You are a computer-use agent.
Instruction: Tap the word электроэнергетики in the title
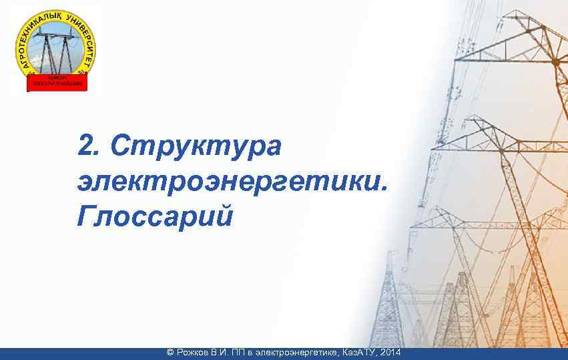click(x=227, y=181)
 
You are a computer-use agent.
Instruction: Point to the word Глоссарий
click(x=155, y=216)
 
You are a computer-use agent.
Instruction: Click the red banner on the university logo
click(x=56, y=82)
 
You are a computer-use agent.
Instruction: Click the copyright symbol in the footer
click(x=170, y=352)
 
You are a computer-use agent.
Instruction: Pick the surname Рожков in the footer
click(x=194, y=352)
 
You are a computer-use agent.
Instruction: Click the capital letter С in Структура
click(x=121, y=145)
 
